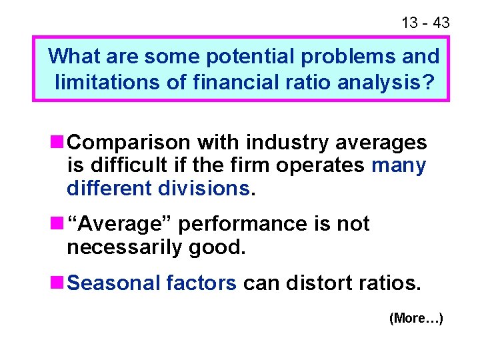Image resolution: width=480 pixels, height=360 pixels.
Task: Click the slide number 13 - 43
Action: tap(425, 23)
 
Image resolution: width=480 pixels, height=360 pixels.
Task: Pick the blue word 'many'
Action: tap(399, 165)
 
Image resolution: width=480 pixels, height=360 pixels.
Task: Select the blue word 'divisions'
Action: tap(205, 188)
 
